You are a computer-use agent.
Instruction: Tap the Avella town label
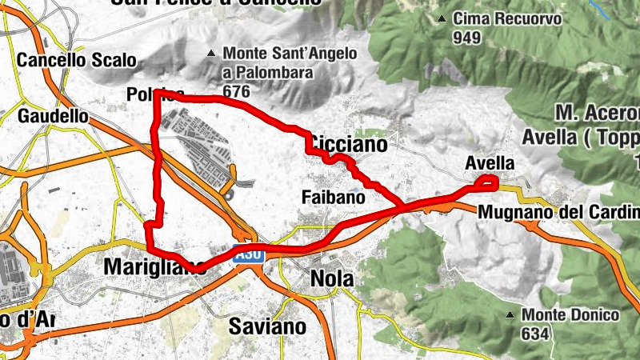point(490,163)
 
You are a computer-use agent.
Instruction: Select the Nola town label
point(332,280)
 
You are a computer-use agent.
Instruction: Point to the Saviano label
point(267,326)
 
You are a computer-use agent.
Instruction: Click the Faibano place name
point(334,196)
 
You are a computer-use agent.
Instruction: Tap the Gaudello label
point(53,116)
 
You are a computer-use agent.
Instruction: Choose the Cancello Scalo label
point(77,60)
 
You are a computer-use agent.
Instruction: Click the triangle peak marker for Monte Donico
point(510,315)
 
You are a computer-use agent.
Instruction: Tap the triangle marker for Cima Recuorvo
point(442,18)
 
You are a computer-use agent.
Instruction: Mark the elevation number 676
point(237,92)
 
